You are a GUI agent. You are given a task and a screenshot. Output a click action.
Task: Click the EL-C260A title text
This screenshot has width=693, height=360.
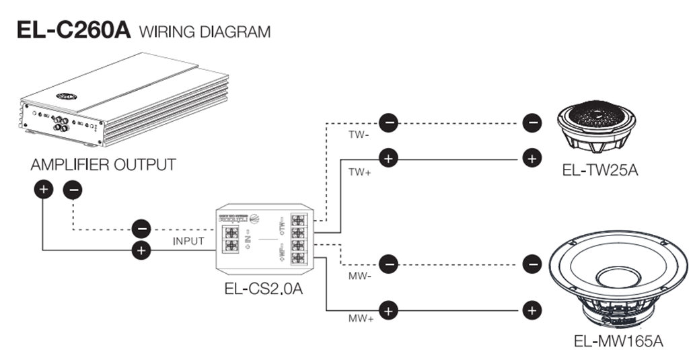73,30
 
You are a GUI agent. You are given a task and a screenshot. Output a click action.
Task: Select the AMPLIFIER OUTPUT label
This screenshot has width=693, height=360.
103,165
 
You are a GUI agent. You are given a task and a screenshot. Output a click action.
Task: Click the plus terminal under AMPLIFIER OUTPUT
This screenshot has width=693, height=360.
43,190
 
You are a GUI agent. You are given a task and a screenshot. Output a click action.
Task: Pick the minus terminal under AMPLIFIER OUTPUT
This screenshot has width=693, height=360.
72,190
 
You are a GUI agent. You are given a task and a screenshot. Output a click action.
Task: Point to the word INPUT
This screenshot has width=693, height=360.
188,241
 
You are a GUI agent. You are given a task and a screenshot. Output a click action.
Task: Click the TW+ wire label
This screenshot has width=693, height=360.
359,172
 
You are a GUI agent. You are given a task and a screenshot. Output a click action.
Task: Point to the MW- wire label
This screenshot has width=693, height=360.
359,276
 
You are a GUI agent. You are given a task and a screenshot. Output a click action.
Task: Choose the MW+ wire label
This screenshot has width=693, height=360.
359,318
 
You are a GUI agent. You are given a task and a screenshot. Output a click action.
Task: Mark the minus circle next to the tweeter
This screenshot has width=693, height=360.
532,122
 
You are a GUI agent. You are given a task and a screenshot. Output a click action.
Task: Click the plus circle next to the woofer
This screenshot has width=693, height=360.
532,310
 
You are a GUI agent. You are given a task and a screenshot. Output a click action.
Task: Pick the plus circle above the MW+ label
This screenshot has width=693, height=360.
388,310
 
